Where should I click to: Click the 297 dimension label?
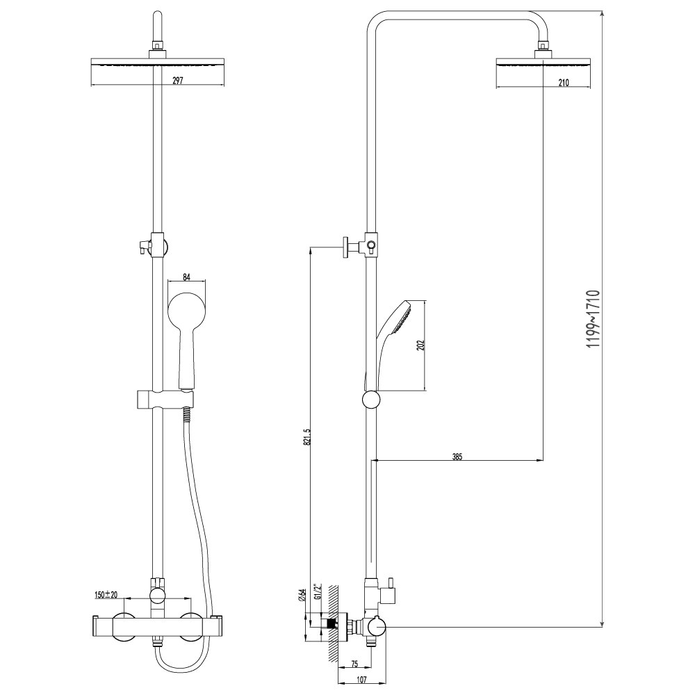click(177, 81)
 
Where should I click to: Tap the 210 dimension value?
click(563, 82)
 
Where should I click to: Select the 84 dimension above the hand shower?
click(186, 277)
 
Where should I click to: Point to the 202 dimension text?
click(421, 345)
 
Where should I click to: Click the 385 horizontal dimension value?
click(457, 457)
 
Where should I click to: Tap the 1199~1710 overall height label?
click(593, 318)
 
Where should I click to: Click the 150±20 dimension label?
click(106, 595)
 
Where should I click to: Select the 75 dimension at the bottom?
click(354, 664)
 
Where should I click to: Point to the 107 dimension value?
click(361, 680)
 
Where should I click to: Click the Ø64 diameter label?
click(302, 595)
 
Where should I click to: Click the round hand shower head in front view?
click(186, 309)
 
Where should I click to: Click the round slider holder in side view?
click(371, 400)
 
